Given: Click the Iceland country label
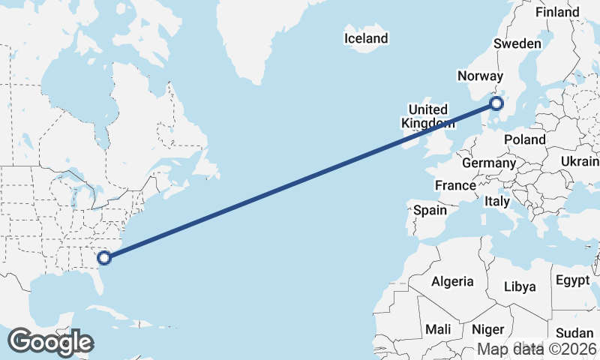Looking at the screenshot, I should (x=366, y=38).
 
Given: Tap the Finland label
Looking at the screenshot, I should (x=557, y=13).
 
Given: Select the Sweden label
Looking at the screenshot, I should (x=517, y=44).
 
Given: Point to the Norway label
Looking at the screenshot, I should (x=479, y=76).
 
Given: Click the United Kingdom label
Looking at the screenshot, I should (x=428, y=116).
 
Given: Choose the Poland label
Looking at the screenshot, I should (x=525, y=140).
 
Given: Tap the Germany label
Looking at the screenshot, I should (x=489, y=163).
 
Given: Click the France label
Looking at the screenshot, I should (x=455, y=185).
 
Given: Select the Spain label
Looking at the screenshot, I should (x=430, y=211).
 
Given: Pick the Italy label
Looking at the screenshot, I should (x=496, y=202).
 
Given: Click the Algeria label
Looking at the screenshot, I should (x=452, y=282).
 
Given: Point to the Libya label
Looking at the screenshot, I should (x=520, y=286).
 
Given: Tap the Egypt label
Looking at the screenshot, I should (x=574, y=280).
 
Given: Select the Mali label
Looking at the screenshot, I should (x=438, y=329).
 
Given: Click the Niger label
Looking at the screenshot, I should (x=487, y=329).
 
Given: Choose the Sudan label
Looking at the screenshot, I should (x=574, y=333).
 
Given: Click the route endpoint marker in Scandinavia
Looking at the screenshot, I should (x=496, y=104).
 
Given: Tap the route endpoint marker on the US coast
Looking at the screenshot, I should (x=105, y=258).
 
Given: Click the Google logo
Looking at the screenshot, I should (x=50, y=342).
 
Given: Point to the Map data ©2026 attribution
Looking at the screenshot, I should (x=537, y=349).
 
